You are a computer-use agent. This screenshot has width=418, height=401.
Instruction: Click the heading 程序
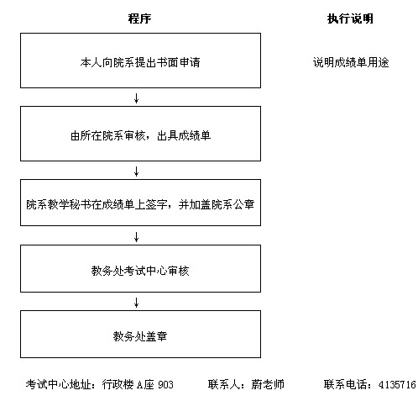139,18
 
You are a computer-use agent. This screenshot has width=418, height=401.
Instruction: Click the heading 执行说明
350,18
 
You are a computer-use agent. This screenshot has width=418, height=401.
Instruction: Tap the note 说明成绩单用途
351,62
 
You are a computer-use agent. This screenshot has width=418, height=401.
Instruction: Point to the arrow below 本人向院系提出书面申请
136,98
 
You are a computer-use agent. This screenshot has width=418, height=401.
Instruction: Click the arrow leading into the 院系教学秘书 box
136,171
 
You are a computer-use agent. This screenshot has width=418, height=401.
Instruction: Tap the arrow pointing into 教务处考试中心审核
136,237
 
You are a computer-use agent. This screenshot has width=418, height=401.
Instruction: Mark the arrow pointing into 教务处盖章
136,303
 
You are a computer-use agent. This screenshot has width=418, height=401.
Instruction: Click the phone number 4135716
397,384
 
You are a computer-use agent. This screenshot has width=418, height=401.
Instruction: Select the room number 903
165,384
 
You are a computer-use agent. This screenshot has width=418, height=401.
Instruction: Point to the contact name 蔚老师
268,384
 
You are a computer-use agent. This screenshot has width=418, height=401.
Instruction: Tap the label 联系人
224,384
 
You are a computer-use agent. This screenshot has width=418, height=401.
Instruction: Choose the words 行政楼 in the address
118,384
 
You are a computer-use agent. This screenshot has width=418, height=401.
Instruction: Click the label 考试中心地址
58,384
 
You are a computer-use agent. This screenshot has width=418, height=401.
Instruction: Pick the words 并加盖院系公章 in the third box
217,204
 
